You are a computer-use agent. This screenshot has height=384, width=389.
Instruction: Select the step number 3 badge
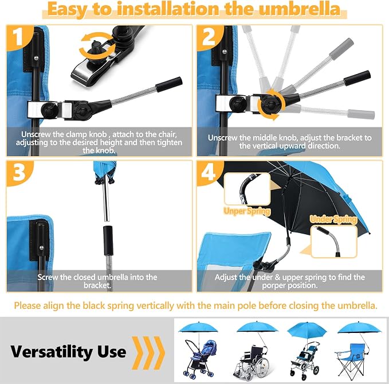click(x=18, y=173)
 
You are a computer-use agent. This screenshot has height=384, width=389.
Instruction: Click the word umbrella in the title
click(x=299, y=9)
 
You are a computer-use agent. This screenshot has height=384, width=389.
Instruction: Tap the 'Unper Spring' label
click(x=247, y=211)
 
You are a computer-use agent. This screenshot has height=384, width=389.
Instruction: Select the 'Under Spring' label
click(x=333, y=219)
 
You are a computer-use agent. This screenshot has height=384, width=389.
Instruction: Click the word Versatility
click(x=52, y=352)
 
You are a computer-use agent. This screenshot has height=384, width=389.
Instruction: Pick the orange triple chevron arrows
click(x=148, y=352)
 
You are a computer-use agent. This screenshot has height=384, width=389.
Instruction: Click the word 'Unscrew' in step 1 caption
click(x=36, y=134)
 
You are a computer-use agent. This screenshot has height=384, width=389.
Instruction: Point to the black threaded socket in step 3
click(x=108, y=241)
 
